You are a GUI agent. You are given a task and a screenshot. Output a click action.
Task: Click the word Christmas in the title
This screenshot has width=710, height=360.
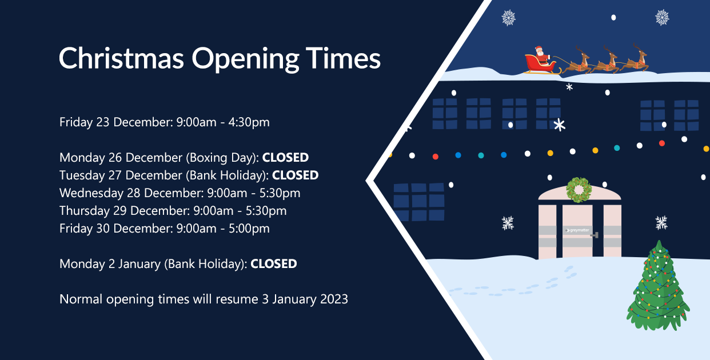pos(121,59)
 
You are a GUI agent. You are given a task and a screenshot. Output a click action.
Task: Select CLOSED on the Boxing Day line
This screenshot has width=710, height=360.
pos(285,158)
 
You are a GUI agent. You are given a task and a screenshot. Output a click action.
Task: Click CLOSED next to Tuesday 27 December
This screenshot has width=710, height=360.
pos(295,175)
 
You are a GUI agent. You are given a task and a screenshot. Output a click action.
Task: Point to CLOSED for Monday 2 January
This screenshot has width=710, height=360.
pos(274,264)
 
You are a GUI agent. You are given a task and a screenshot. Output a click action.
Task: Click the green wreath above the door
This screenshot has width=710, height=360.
pos(579,190)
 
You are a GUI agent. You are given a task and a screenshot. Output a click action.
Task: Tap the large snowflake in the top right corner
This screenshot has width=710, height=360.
pos(662,18)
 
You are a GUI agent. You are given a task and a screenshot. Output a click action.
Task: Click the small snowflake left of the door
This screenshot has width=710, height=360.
pos(508,223)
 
